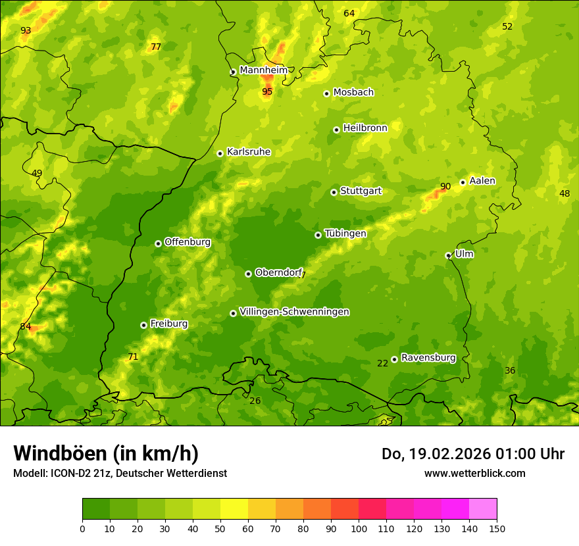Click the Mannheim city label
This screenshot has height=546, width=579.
263,70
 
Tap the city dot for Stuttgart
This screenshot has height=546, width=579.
334,192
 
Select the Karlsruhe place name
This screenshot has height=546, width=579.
248,152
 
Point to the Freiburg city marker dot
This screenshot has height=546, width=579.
143,325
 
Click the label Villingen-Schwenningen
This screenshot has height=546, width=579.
294,312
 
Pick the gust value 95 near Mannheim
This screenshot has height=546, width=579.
267,91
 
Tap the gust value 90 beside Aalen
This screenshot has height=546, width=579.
445,187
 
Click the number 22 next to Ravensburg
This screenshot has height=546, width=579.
382,363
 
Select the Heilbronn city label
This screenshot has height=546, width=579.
365,128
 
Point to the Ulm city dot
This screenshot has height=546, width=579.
448,255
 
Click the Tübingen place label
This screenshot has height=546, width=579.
345,234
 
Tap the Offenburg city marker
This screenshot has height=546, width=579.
158,243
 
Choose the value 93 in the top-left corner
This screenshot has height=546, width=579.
26,31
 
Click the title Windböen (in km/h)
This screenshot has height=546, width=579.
106,453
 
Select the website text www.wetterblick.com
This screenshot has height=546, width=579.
474,473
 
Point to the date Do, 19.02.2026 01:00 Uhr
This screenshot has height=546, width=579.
472,454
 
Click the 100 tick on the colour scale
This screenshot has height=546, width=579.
359,528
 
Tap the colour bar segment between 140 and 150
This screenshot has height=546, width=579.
483,509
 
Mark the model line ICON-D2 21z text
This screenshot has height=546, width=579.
120,473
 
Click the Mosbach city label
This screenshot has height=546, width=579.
353,93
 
